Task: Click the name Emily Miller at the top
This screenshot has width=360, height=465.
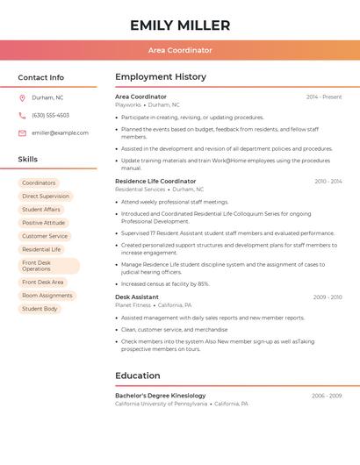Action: point(180,25)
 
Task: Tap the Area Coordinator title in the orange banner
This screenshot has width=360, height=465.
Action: point(180,51)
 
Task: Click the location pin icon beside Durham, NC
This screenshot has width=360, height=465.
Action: point(22,97)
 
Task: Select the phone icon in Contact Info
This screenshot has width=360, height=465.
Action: point(22,115)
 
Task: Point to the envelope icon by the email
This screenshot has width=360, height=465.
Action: point(22,132)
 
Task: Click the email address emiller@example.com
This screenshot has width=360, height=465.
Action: point(60,132)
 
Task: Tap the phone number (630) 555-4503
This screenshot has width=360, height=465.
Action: point(50,115)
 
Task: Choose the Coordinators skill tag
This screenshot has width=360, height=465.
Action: point(39,182)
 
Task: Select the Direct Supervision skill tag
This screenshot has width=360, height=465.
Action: point(46,197)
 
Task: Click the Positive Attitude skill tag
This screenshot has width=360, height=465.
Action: point(44,223)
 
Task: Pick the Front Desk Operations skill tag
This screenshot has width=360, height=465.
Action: point(48,266)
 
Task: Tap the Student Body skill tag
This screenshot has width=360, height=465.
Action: point(40,309)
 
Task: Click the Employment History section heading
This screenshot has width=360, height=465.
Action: point(161,77)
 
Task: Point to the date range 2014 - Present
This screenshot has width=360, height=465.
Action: point(324,97)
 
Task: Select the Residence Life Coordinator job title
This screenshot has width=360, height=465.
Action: point(155,181)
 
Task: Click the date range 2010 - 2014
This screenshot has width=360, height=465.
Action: point(328,181)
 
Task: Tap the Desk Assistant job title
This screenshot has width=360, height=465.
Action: point(137,297)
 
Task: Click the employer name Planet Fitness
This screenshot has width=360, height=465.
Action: point(133,305)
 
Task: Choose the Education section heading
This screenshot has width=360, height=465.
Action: point(138,376)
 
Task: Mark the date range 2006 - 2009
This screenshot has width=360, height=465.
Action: point(327,396)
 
